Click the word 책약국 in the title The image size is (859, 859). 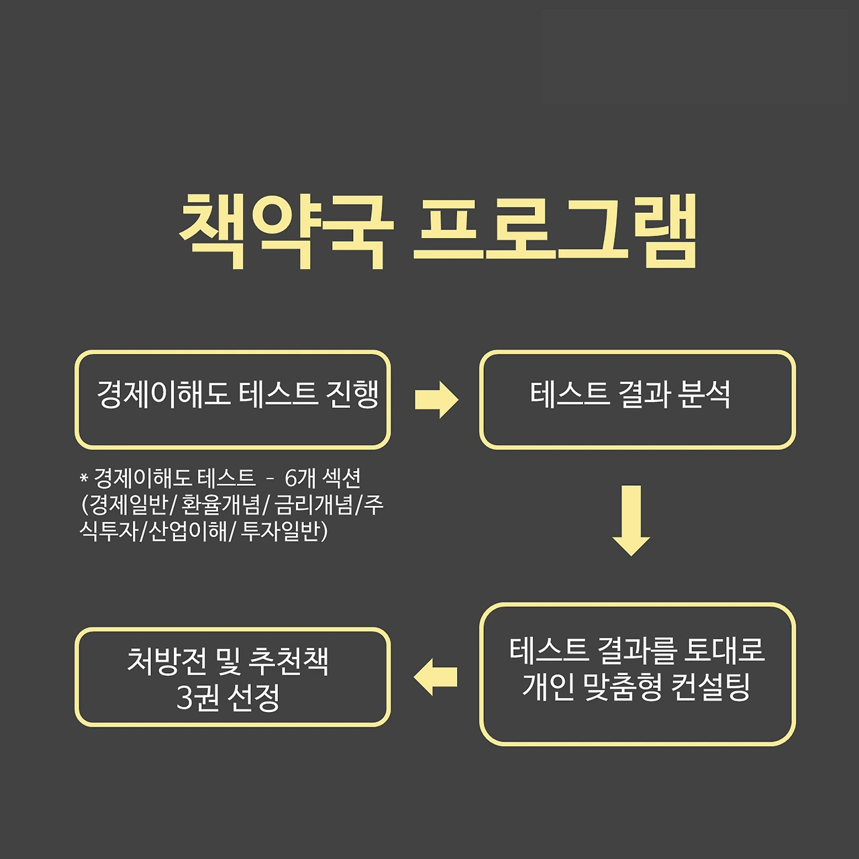285,232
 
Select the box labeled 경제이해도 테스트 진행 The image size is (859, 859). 232,399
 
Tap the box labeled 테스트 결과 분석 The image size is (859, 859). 637,399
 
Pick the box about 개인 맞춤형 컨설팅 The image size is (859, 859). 637,674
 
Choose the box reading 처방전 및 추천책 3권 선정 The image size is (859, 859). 232,677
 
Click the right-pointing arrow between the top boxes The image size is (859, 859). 436,400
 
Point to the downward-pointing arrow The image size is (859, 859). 631,520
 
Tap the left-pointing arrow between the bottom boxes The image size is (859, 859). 436,676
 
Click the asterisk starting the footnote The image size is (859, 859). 84,478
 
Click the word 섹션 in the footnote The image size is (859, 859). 342,478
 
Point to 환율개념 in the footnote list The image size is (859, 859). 221,505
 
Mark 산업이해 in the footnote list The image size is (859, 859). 187,532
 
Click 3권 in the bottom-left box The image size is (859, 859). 194,698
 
